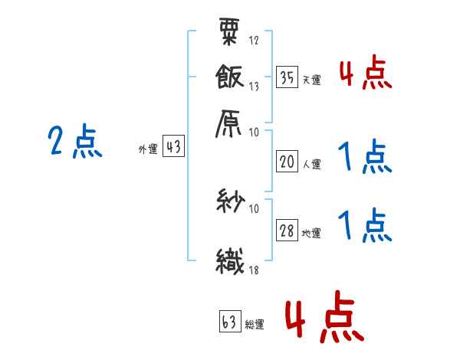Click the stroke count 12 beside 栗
click(254, 40)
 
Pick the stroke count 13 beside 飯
click(254, 87)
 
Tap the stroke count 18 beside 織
click(254, 270)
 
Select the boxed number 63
click(228, 322)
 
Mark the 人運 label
click(311, 163)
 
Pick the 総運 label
click(254, 325)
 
